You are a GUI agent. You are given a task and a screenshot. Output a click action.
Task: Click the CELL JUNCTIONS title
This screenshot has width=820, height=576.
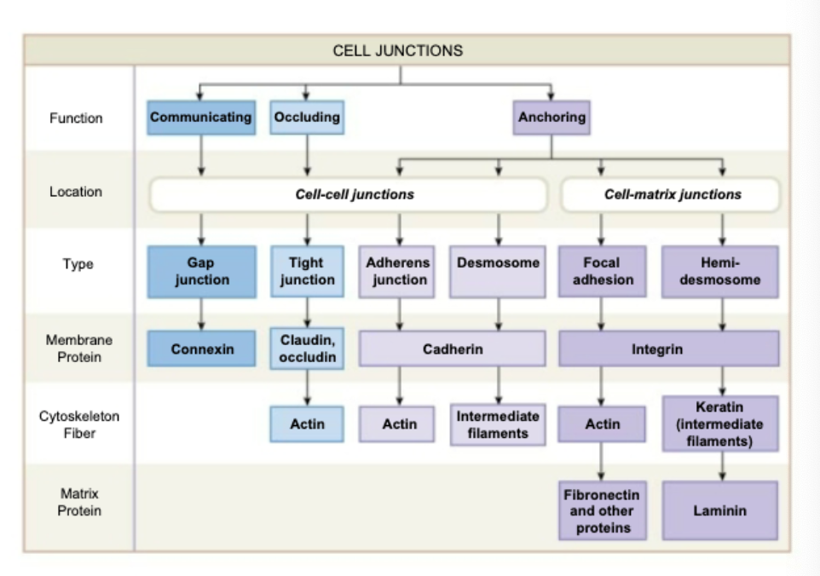[397, 50]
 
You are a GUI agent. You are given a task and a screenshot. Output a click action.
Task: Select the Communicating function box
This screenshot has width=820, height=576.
[201, 118]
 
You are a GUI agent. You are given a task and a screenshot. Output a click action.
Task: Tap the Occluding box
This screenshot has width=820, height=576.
[307, 118]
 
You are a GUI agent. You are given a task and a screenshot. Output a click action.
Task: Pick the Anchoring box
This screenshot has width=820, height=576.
[551, 118]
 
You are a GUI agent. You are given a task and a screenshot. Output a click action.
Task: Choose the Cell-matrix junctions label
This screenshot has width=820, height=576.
[672, 194]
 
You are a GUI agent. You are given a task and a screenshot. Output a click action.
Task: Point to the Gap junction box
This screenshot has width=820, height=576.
[201, 272]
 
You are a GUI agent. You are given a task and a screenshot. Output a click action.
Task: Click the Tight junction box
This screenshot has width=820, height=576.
[307, 272]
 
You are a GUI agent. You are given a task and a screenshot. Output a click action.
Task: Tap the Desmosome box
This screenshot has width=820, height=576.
[498, 272]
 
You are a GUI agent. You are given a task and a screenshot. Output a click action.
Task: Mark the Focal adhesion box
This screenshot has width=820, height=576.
[602, 272]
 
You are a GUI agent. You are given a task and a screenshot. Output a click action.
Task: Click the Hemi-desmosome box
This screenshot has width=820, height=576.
[720, 272]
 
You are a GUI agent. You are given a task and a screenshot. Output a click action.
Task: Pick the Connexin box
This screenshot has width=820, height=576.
[201, 349]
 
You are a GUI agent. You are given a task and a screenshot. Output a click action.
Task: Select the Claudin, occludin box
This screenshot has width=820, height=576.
[307, 348]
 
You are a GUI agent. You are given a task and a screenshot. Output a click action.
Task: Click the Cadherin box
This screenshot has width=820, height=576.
[452, 349]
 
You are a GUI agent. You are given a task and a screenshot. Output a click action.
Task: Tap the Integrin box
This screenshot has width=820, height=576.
[668, 349]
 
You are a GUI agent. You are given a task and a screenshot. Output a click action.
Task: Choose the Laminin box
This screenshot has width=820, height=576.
[720, 510]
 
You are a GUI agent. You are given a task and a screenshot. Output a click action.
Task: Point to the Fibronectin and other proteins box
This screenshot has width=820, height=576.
[602, 510]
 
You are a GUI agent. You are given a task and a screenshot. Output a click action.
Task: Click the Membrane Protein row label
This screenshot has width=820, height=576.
[78, 348]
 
